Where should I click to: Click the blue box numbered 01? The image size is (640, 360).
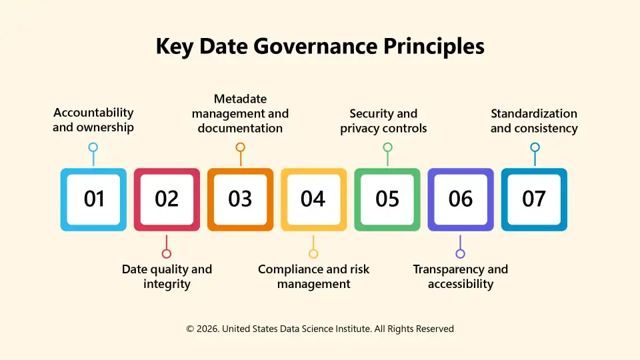(x=93, y=199)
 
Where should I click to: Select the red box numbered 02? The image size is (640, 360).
(x=167, y=199)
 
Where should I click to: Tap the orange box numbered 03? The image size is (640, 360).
(x=240, y=199)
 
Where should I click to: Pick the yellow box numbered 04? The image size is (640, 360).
(x=313, y=199)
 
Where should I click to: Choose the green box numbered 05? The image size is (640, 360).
(x=387, y=199)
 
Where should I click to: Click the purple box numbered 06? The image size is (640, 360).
(x=460, y=199)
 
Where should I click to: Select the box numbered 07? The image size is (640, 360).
(x=533, y=199)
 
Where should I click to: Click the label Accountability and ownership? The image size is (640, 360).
(x=93, y=120)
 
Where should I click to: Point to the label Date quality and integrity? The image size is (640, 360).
(x=167, y=277)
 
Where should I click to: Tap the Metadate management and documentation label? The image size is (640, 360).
(x=240, y=113)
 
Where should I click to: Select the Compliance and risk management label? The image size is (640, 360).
(x=313, y=277)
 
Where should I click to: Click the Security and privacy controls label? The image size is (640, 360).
(x=383, y=121)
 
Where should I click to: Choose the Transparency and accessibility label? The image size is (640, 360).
(x=460, y=277)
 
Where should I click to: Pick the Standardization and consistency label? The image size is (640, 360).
(x=534, y=121)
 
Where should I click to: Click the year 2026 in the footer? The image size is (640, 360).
(x=207, y=329)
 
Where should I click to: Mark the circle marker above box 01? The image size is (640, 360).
(x=93, y=147)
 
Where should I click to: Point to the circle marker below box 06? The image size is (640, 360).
(x=460, y=253)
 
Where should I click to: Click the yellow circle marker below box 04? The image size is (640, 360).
(x=313, y=253)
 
